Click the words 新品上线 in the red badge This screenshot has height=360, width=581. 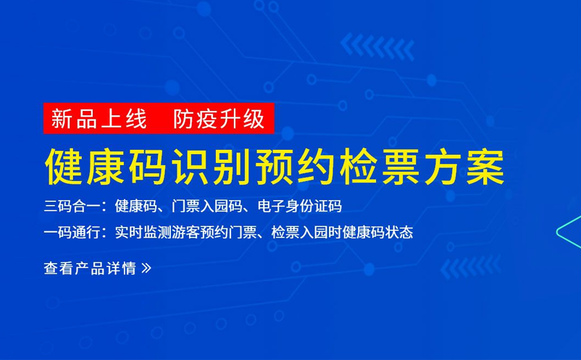(99, 119)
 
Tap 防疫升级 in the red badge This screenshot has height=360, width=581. (219, 119)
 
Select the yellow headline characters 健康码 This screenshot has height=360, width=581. (106, 167)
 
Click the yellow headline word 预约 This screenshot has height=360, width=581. (296, 167)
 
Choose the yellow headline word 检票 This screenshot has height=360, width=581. (381, 167)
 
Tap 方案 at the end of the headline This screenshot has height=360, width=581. (464, 167)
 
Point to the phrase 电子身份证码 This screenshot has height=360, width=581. (299, 206)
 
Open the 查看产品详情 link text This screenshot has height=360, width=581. (90, 268)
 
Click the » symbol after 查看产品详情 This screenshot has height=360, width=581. (146, 268)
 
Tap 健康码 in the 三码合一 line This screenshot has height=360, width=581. (136, 206)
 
